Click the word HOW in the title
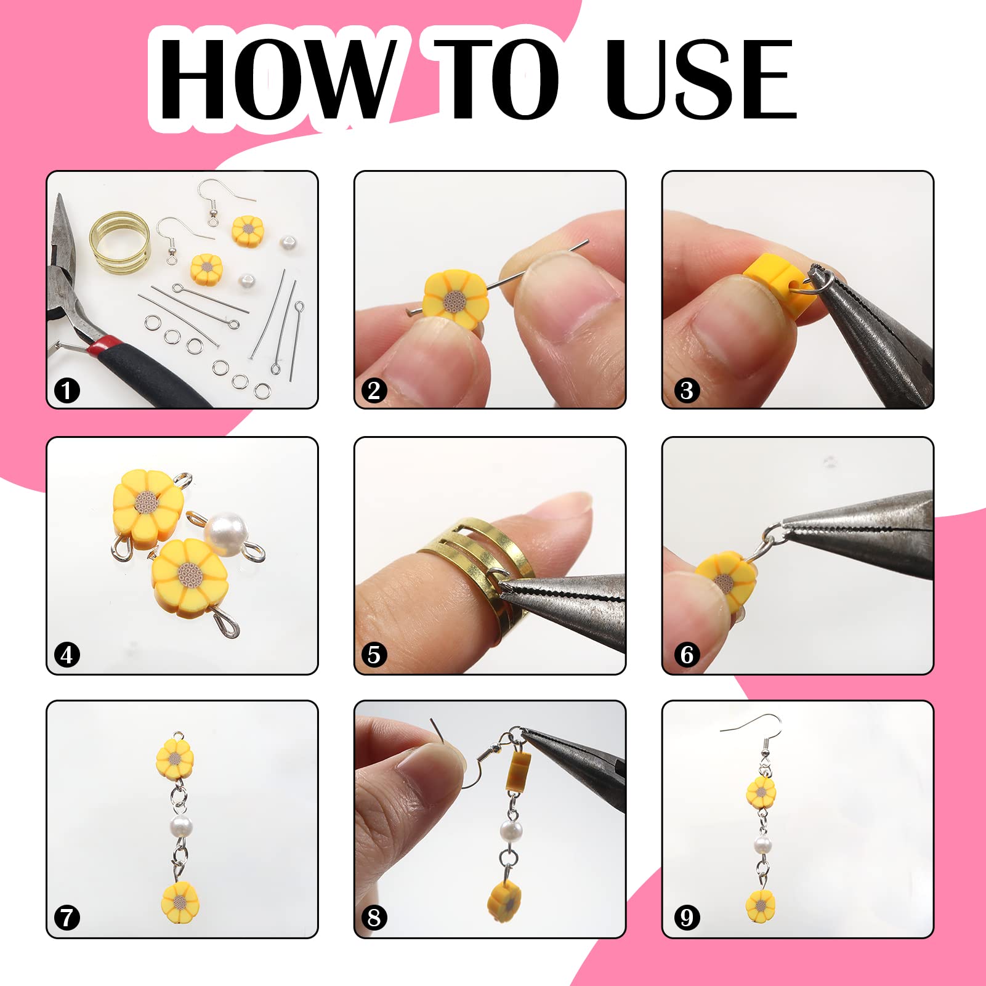coord(276,78)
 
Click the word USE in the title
coord(700,78)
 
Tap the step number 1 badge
coord(67,390)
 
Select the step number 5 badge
coord(374,655)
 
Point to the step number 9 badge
coord(687,918)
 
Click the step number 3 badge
coord(687,390)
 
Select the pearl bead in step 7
coord(179,825)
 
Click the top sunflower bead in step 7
coord(175,757)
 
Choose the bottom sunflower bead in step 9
coord(761,905)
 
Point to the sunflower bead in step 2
coord(456,299)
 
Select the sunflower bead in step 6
coord(725,580)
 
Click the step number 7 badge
coord(67,918)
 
